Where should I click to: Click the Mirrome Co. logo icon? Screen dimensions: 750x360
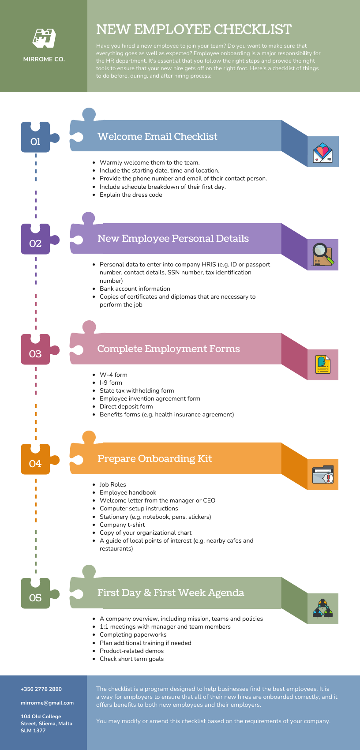[x=44, y=38]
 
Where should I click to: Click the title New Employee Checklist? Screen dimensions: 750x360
[x=194, y=30]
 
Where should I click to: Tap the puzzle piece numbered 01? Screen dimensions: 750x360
[x=36, y=139]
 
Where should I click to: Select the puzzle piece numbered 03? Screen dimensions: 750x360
[x=36, y=351]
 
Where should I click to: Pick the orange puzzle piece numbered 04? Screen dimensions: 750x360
[x=36, y=461]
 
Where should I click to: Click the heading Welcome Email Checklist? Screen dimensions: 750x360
[x=157, y=137]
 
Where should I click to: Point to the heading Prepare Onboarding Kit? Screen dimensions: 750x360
[x=154, y=459]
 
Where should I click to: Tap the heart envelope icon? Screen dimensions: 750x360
[x=322, y=152]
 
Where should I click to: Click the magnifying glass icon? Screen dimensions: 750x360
[x=322, y=255]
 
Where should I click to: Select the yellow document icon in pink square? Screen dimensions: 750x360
[x=322, y=364]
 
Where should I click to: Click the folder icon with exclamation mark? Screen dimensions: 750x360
[x=322, y=475]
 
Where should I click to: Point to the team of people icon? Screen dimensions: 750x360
[x=322, y=609]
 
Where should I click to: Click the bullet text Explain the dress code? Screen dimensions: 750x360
[x=131, y=195]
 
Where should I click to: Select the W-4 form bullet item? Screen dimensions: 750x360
[x=113, y=375]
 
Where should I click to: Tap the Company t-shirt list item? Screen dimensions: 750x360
[x=122, y=525]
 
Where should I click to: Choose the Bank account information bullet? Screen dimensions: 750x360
[x=135, y=289]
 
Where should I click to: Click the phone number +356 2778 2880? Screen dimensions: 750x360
[x=41, y=689]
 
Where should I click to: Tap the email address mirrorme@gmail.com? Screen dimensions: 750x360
[x=47, y=703]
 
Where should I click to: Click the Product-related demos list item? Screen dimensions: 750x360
[x=131, y=651]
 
